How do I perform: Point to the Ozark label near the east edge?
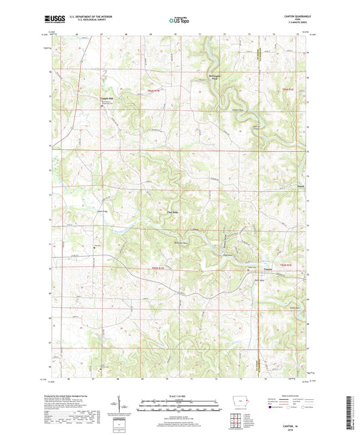pos(301,187)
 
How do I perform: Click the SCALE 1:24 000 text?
pos(180,394)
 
